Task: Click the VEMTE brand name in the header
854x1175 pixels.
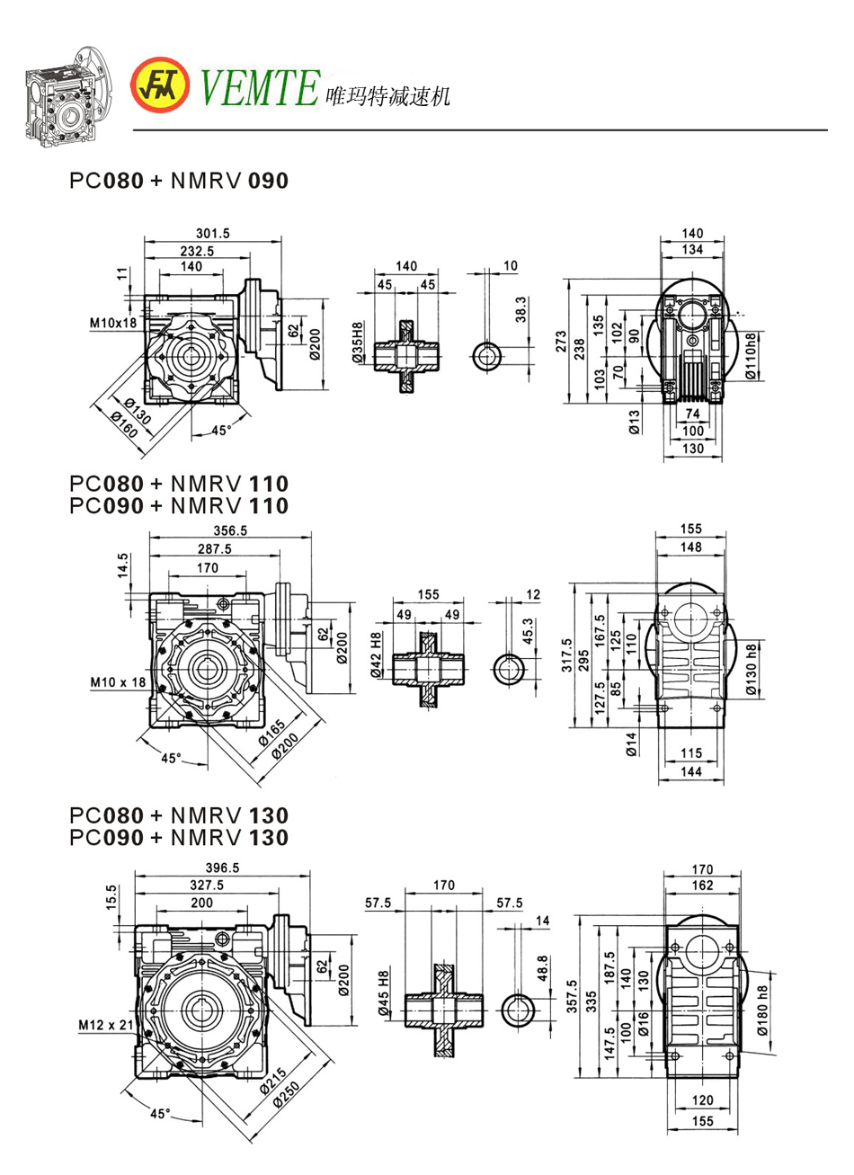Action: click(x=260, y=87)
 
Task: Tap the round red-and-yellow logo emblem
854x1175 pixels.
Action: click(x=161, y=86)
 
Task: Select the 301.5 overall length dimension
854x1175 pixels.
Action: click(x=213, y=233)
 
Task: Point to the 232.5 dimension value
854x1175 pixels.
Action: click(x=196, y=252)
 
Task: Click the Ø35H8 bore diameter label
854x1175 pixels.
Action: click(x=357, y=343)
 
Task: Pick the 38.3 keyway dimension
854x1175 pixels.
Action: click(x=522, y=310)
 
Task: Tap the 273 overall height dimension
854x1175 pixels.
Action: click(x=562, y=341)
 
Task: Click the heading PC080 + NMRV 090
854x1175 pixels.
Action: click(x=179, y=181)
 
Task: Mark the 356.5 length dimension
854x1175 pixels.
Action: click(x=230, y=530)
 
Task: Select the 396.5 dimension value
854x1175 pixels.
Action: click(x=222, y=868)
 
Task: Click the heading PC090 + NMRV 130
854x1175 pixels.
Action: click(x=179, y=838)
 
